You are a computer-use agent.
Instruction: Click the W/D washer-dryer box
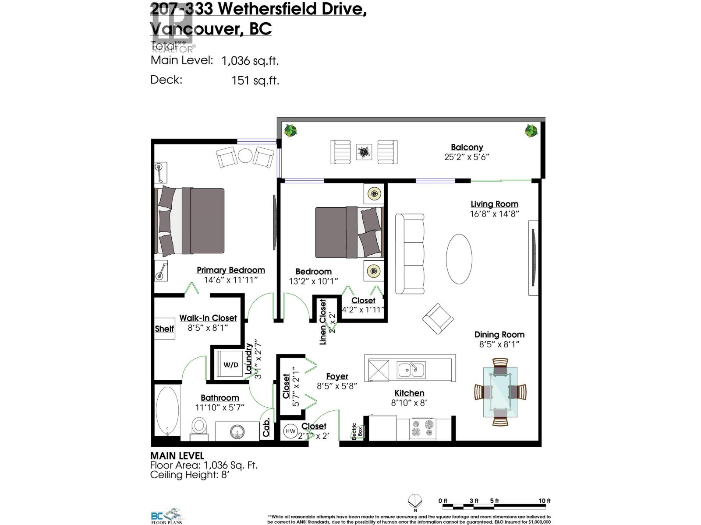pyautogui.click(x=231, y=364)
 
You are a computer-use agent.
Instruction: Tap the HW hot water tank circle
pyautogui.click(x=290, y=431)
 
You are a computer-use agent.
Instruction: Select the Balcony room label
pyautogui.click(x=467, y=147)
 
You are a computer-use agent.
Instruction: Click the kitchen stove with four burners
pyautogui.click(x=423, y=428)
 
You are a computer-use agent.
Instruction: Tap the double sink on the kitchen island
pyautogui.click(x=411, y=370)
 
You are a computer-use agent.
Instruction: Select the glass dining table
pyautogui.click(x=500, y=392)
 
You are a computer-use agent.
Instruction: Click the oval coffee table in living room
pyautogui.click(x=459, y=259)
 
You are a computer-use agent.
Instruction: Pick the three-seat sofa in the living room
pyautogui.click(x=410, y=254)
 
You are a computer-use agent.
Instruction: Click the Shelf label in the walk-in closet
pyautogui.click(x=164, y=329)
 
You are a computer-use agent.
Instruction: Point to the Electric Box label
pyautogui.click(x=357, y=431)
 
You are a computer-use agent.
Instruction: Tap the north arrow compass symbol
pyautogui.click(x=415, y=501)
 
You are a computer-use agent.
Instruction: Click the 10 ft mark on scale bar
pyautogui.click(x=545, y=501)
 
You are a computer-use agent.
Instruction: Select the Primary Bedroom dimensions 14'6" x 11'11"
pyautogui.click(x=231, y=280)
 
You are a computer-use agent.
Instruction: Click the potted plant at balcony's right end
pyautogui.click(x=531, y=130)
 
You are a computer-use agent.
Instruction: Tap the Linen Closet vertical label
pyautogui.click(x=323, y=322)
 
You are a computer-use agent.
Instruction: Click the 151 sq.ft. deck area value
pyautogui.click(x=255, y=80)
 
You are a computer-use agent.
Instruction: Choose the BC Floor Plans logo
pyautogui.click(x=168, y=515)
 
